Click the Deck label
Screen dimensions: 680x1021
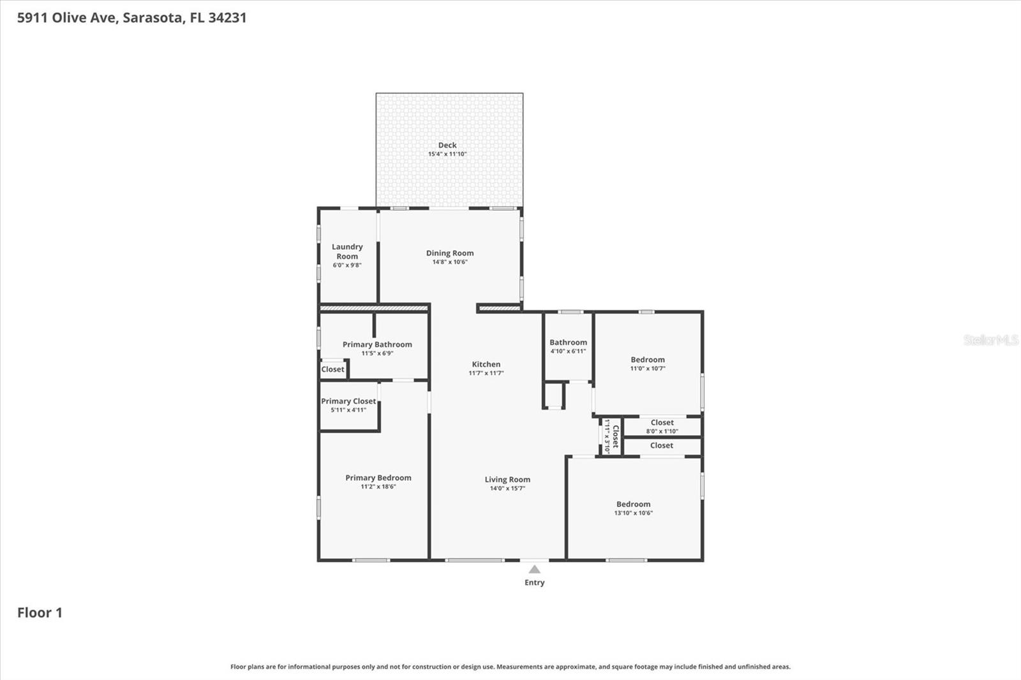point(447,145)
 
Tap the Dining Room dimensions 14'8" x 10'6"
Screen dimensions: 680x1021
point(450,262)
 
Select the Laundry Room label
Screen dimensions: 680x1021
point(347,251)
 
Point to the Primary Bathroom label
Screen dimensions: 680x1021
point(377,344)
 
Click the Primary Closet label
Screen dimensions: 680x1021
point(348,401)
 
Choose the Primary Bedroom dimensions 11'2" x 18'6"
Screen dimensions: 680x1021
point(378,487)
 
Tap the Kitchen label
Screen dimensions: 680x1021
point(486,364)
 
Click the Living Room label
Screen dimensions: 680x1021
point(507,480)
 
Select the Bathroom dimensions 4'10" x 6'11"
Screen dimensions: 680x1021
point(568,351)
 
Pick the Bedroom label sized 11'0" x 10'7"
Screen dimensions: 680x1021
point(648,360)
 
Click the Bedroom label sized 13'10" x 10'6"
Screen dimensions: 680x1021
point(633,504)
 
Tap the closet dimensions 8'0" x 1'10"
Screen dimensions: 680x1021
point(662,431)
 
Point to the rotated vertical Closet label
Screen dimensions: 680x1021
point(615,436)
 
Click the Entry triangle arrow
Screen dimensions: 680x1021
point(535,569)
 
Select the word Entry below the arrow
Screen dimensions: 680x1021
point(535,582)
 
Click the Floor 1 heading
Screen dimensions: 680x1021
point(40,612)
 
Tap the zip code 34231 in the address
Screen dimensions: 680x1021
point(227,17)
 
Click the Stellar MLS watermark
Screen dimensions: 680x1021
point(990,340)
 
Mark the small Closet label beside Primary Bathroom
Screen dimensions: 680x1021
point(332,369)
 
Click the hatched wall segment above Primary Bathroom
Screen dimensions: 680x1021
point(373,308)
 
